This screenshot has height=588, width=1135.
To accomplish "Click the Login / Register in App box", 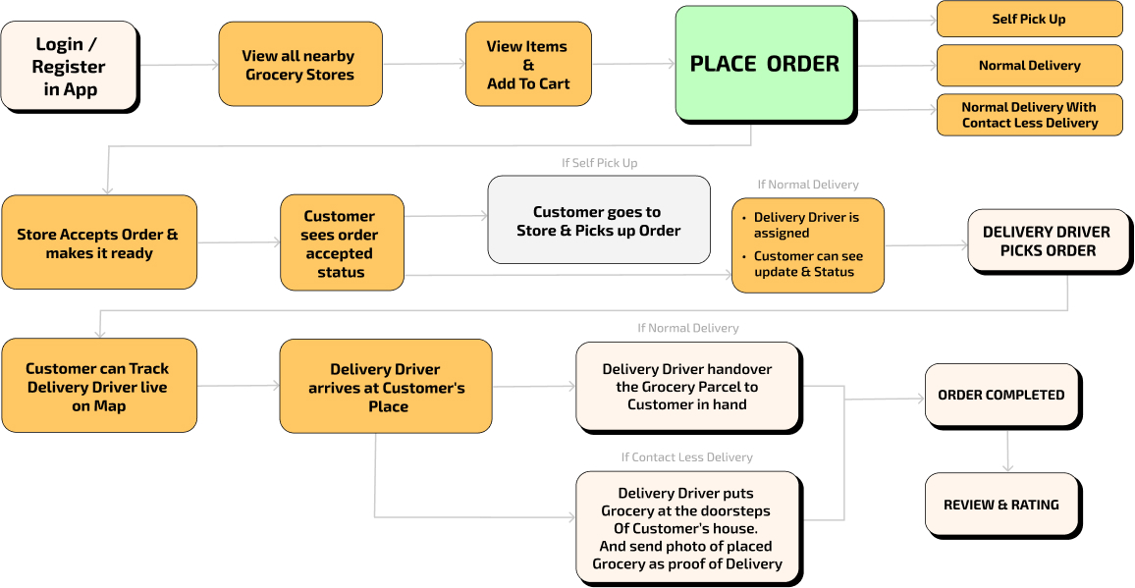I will [x=69, y=66].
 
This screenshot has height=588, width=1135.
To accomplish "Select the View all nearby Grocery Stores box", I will [x=299, y=65].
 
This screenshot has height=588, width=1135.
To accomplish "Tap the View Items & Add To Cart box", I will [x=528, y=65].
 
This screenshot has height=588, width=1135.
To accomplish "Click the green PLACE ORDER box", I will [x=765, y=64].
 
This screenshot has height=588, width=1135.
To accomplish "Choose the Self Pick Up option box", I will [x=1029, y=19].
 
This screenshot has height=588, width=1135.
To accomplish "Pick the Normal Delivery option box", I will [x=1029, y=66].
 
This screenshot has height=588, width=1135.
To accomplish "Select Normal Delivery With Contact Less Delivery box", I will [x=1029, y=115].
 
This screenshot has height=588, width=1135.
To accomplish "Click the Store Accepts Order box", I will [x=99, y=242].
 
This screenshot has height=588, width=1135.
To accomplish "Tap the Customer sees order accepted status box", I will [x=342, y=243].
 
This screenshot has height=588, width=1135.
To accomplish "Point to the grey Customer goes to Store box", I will [x=599, y=220].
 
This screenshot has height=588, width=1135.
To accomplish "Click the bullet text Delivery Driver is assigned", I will [x=806, y=225].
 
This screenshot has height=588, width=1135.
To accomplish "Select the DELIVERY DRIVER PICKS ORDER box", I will [x=1047, y=241].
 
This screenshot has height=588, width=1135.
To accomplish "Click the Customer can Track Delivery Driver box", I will [x=98, y=386].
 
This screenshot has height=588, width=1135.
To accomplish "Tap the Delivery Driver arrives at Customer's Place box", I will [x=385, y=387].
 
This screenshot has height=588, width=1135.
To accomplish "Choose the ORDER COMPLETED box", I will [x=1000, y=395].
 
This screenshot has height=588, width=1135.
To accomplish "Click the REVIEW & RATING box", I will [x=1000, y=505].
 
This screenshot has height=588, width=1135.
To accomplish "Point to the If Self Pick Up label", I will [x=599, y=163].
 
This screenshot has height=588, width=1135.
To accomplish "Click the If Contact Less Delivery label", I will [x=686, y=457].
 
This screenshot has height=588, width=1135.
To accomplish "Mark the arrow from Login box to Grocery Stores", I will [x=179, y=66].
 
